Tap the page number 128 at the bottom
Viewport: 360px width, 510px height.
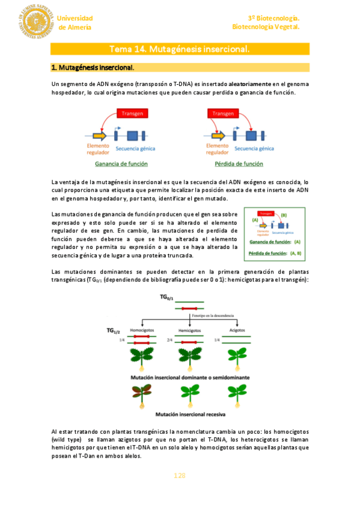pos(180,476)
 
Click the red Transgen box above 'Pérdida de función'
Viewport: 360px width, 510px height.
pos(222,113)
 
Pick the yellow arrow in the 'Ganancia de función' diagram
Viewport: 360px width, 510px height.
pos(100,135)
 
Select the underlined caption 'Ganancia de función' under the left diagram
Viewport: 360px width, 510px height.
pos(122,164)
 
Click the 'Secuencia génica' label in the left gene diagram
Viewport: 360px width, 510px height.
pos(137,149)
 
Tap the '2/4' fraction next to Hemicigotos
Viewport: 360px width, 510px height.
pos(170,340)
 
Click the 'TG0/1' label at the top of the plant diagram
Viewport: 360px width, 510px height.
pos(167,298)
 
